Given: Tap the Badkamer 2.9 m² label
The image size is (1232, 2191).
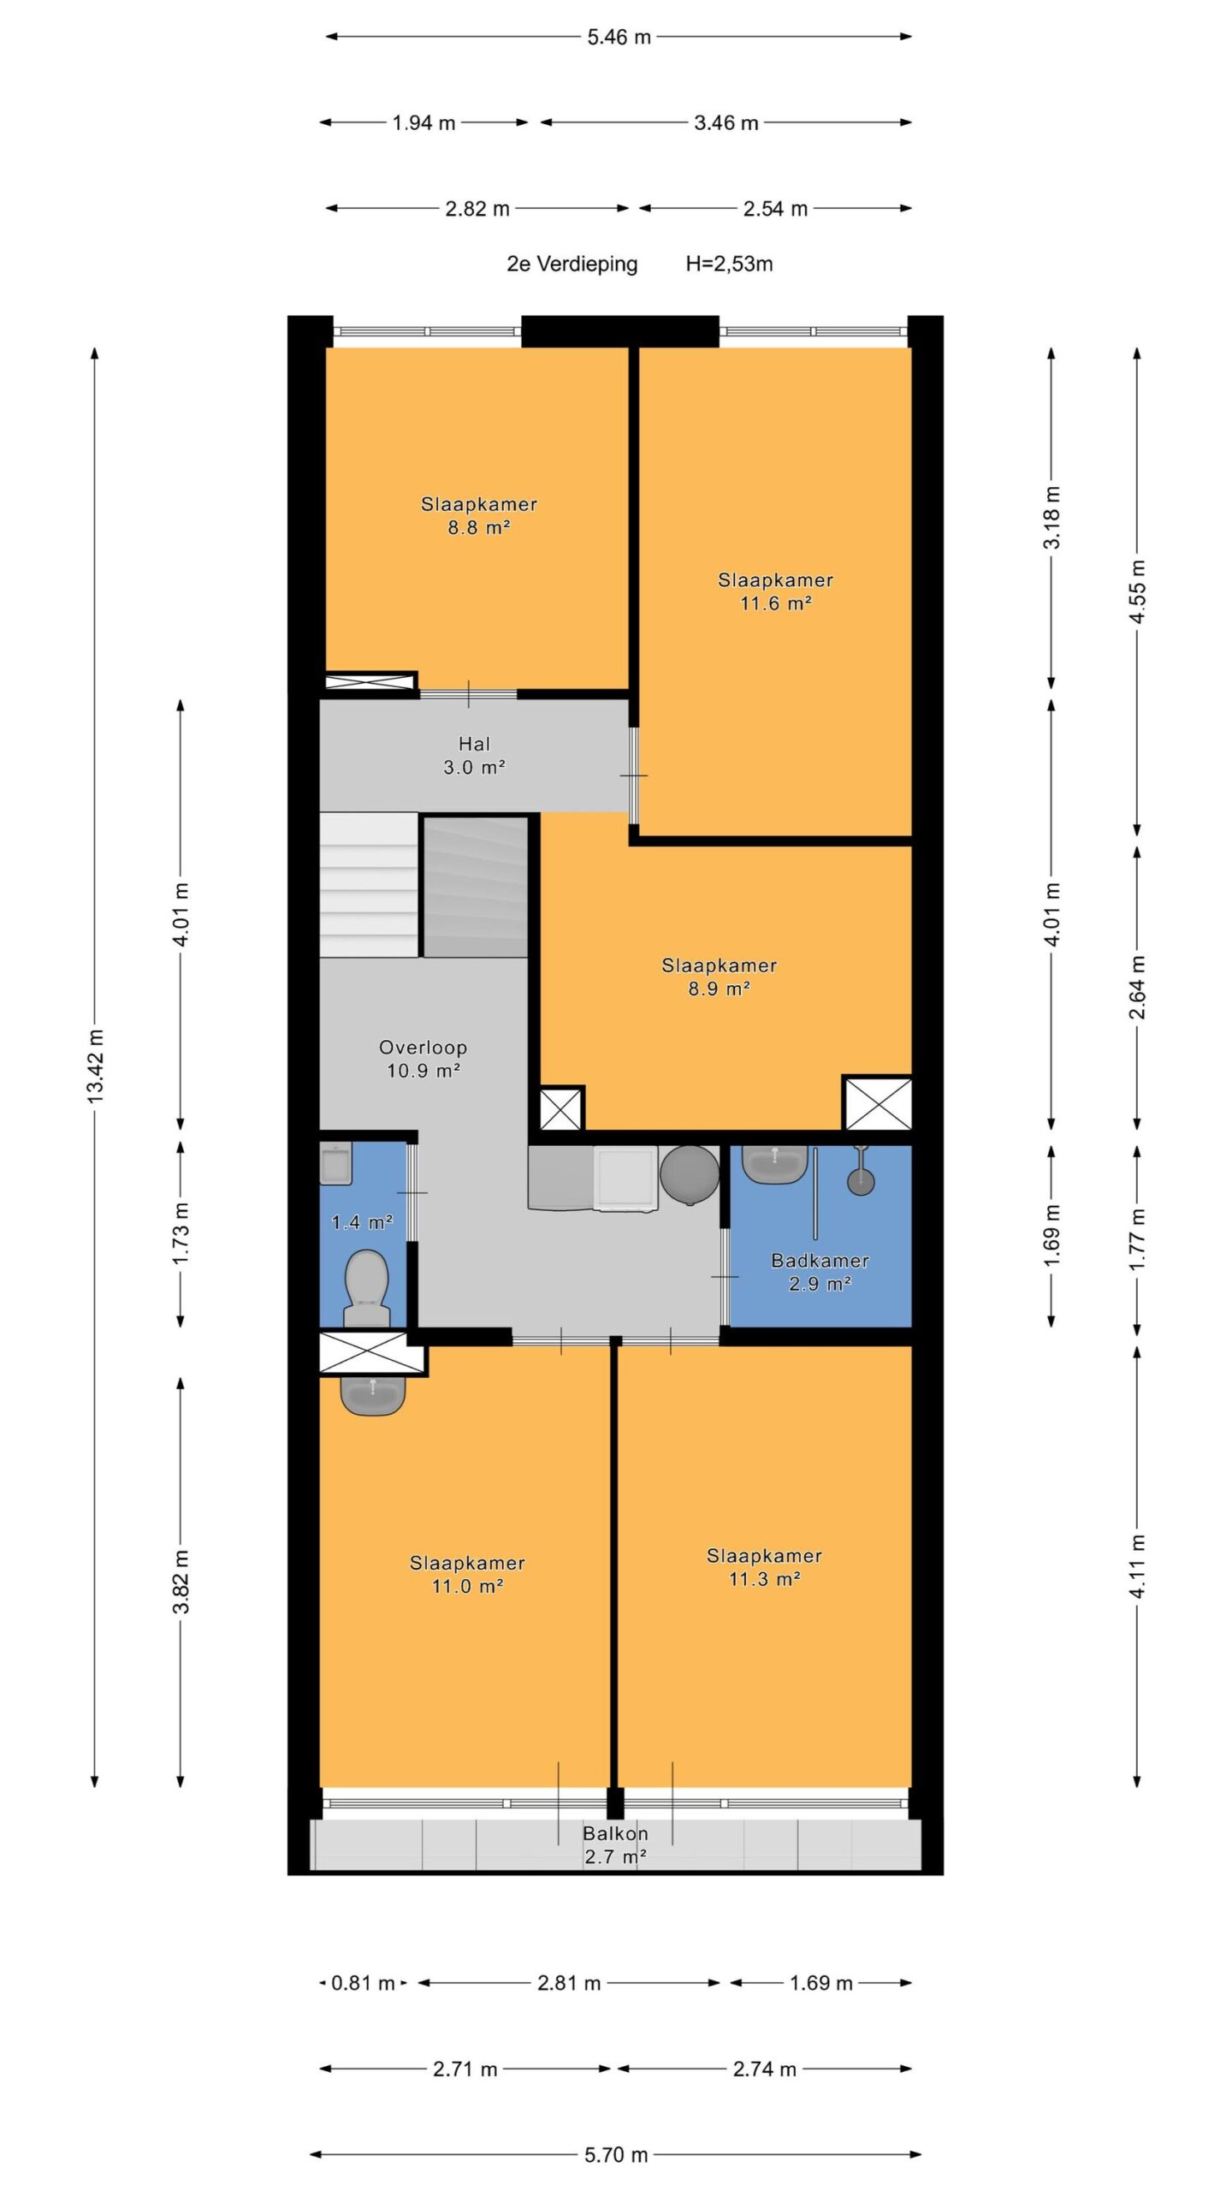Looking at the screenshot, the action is click(x=820, y=1272).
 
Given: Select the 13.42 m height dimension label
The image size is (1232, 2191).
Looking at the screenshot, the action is click(x=95, y=1066).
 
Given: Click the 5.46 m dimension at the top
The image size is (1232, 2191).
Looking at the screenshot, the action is click(x=619, y=37).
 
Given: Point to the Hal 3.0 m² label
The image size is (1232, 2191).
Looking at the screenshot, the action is click(x=474, y=756).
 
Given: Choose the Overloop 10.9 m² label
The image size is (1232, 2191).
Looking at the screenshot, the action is click(x=423, y=1059).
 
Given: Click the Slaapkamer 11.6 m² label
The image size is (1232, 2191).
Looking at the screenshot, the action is click(x=775, y=591).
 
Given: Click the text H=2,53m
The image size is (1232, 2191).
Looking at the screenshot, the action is click(x=729, y=264).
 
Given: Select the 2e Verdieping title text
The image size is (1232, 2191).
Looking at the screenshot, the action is click(x=572, y=264).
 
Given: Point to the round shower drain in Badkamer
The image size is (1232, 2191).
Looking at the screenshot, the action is click(x=861, y=1181).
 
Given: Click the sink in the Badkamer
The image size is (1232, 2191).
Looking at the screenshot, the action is click(x=775, y=1164).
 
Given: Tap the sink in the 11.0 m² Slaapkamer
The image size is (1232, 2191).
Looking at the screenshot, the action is click(x=373, y=1395).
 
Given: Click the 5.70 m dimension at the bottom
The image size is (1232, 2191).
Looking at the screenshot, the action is click(x=616, y=2154).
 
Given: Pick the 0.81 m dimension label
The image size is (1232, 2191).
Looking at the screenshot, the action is click(x=363, y=1983).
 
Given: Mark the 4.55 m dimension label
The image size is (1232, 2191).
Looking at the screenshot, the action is click(x=1137, y=591).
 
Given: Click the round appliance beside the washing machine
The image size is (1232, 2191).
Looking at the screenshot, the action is click(x=690, y=1176).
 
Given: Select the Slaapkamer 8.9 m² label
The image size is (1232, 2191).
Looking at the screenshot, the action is click(x=720, y=977).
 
